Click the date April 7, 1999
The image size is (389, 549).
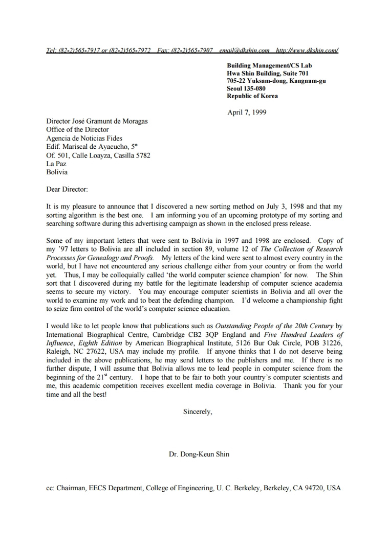[x=247, y=112]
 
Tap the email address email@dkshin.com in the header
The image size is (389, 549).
[x=244, y=50]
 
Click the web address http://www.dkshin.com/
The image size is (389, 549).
[x=307, y=50]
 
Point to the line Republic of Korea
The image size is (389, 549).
[x=252, y=96]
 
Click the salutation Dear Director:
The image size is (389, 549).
[x=67, y=189]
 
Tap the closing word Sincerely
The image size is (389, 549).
[x=198, y=411]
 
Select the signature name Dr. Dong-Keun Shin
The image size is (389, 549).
[x=199, y=454]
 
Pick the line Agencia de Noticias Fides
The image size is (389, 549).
[x=84, y=139]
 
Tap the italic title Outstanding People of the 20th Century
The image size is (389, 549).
[x=274, y=326]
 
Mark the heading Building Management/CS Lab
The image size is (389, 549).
[x=269, y=65]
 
